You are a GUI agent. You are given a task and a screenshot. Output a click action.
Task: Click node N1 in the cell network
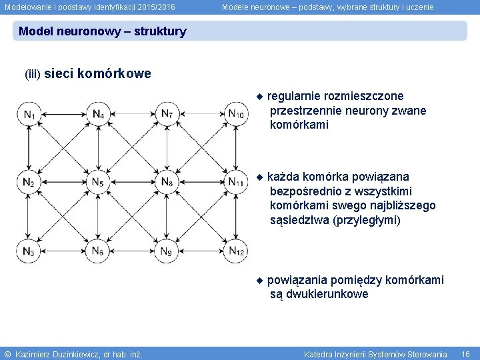[x=29, y=114]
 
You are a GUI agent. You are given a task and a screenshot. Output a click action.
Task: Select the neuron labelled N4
[x=98, y=114]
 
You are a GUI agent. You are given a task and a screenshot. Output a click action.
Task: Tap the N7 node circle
[x=167, y=114]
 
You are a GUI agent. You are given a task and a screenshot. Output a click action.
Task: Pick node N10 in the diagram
[x=236, y=114]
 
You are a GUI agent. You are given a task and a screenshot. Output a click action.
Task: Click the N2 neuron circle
[x=29, y=182]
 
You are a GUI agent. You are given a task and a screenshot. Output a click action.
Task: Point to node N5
[x=98, y=182]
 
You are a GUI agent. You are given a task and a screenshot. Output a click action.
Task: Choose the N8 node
[x=167, y=182]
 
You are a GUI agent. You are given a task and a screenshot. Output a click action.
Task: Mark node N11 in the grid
[x=236, y=182]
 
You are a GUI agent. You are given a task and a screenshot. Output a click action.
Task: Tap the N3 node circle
[x=29, y=251]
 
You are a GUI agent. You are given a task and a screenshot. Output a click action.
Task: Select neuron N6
[x=98, y=251]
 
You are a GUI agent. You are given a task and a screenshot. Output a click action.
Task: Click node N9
[x=167, y=251]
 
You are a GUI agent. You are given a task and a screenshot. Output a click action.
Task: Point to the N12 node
[x=236, y=251]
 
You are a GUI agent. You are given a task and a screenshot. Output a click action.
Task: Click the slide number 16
[x=465, y=354]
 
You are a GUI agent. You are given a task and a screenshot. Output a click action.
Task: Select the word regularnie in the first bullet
[x=295, y=97]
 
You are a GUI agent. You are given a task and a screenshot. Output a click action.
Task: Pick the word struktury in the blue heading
[x=160, y=31]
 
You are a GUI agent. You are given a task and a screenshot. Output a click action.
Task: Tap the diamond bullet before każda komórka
[x=260, y=177]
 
